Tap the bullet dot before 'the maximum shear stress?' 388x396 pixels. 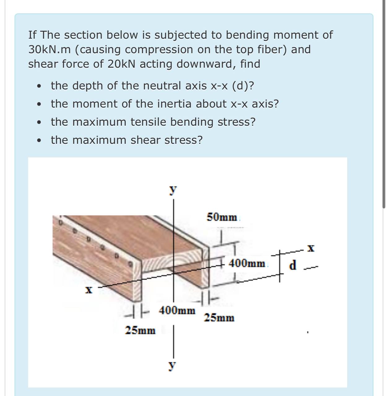pyautogui.click(x=39, y=141)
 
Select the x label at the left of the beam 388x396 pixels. pyautogui.click(x=89, y=290)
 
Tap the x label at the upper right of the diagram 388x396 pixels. pyautogui.click(x=311, y=248)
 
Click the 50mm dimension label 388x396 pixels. pyautogui.click(x=222, y=217)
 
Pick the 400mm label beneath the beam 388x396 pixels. pyautogui.click(x=177, y=310)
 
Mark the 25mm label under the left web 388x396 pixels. pyautogui.click(x=140, y=330)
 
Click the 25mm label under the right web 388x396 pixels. pyautogui.click(x=219, y=318)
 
